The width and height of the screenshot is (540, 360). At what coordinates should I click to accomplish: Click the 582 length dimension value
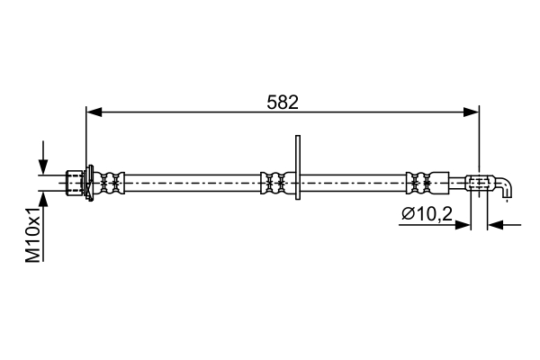[283, 103]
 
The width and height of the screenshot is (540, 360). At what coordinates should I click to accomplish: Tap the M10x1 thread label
[33, 235]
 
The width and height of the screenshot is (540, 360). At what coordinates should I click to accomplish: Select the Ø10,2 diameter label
[427, 214]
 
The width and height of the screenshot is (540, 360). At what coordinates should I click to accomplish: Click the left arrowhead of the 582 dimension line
[94, 112]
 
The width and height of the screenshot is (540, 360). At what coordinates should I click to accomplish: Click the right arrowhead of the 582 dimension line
[471, 112]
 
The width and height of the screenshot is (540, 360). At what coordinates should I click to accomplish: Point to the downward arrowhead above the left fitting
[43, 166]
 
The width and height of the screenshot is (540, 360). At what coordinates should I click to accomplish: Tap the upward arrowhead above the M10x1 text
[43, 199]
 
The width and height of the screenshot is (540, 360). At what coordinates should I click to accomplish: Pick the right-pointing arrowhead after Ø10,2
[463, 225]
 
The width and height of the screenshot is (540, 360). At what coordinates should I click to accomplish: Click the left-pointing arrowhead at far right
[496, 225]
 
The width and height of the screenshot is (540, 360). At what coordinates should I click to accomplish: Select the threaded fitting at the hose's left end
[75, 183]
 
